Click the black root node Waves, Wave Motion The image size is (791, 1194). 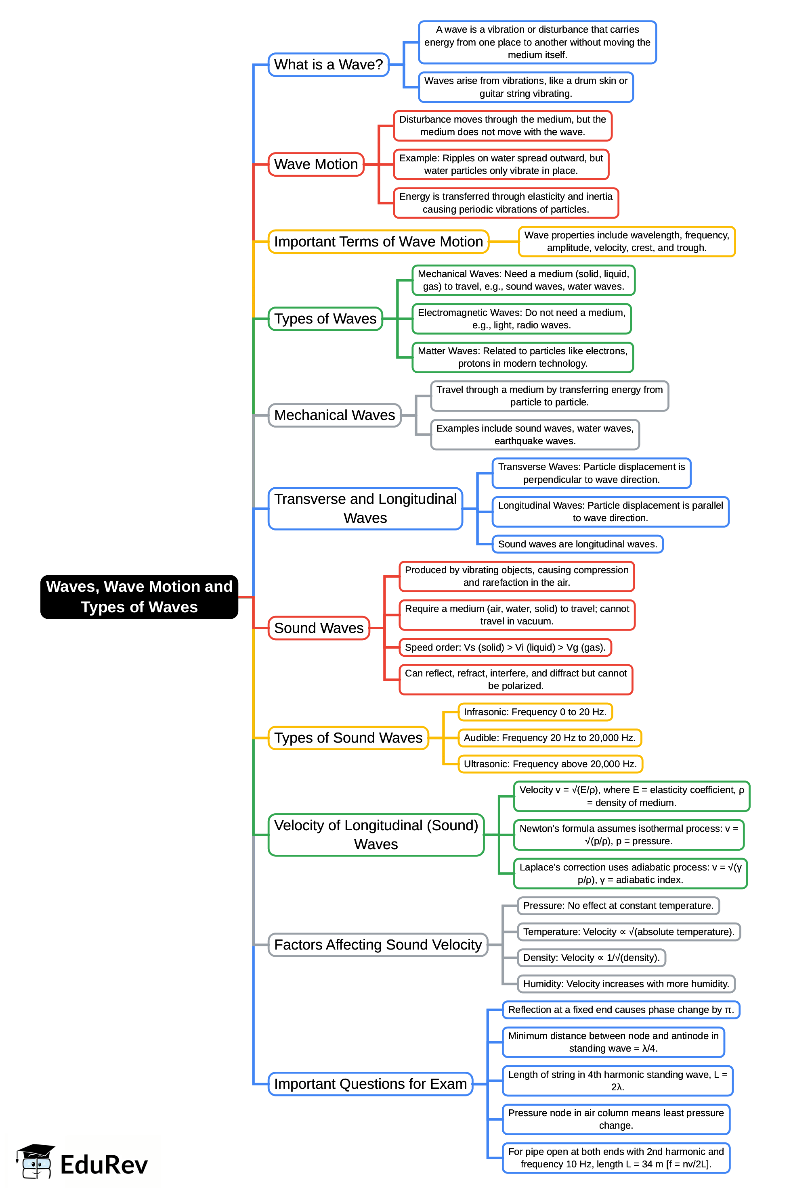coord(139,597)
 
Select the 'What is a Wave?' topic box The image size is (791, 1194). coord(328,65)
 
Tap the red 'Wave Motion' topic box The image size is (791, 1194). coord(316,164)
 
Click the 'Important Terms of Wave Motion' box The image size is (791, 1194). coord(378,241)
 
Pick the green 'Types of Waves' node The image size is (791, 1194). coord(325,319)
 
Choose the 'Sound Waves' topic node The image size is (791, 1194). coord(319,628)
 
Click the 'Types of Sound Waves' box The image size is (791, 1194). coord(348,738)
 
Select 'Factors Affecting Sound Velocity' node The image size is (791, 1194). coord(378,945)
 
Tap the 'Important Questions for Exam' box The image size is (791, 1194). coord(370,1083)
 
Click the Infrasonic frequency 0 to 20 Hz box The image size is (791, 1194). coord(535,712)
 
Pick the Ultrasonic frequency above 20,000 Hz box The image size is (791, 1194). coord(550,764)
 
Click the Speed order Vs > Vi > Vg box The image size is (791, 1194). coord(505,647)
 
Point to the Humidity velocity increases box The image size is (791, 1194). coord(625,983)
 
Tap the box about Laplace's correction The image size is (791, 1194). coord(630,873)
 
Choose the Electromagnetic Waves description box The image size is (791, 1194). coord(521,319)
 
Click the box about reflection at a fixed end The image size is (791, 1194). coord(621,1010)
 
